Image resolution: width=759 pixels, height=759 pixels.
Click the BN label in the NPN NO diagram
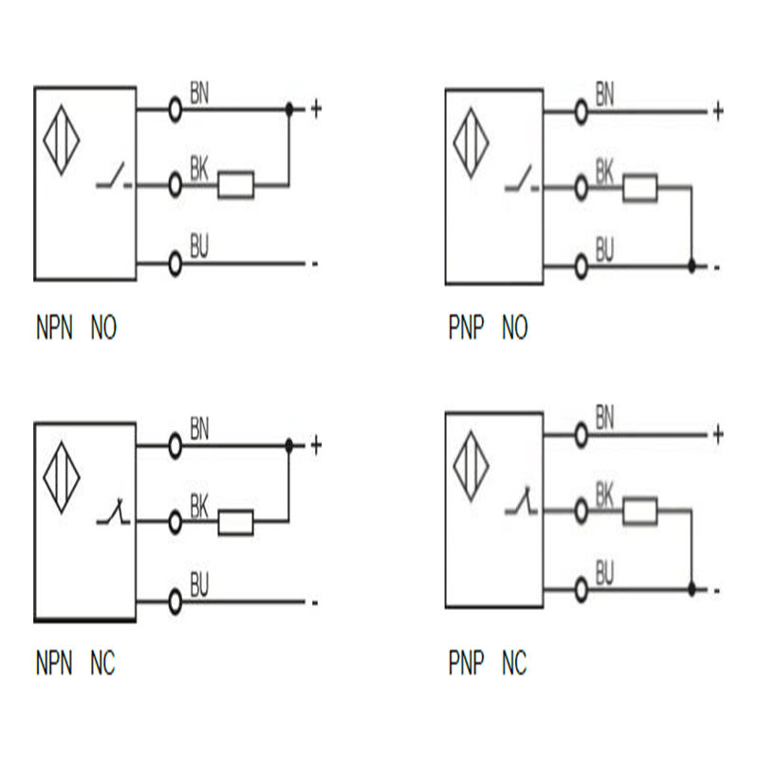200,92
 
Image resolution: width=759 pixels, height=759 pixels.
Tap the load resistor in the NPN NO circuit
236,185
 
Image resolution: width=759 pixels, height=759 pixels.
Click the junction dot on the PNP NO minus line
692,267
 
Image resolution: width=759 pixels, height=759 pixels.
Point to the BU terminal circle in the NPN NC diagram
175,601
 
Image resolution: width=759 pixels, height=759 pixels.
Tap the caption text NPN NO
76,329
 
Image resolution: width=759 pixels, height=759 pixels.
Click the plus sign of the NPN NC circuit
316,444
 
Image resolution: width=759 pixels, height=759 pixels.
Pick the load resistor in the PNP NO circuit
640,189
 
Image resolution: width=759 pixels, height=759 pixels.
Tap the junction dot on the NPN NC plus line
289,444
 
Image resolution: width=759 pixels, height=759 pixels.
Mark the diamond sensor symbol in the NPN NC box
59,477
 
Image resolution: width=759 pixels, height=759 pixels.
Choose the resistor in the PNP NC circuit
640,510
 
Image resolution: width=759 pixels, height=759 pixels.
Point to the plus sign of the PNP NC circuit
718,435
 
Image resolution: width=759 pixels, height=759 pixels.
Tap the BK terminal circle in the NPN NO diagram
175,185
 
